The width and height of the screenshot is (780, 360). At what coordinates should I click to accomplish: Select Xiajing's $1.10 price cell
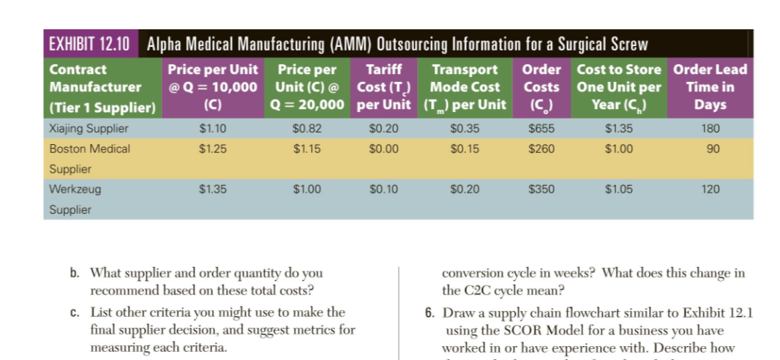[212, 128]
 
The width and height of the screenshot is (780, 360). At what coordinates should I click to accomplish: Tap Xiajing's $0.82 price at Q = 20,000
[306, 128]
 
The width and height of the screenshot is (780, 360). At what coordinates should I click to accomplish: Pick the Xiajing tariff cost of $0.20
[383, 128]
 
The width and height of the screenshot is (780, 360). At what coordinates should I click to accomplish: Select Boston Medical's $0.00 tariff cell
[383, 149]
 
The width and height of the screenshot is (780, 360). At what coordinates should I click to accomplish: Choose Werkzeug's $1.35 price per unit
[212, 190]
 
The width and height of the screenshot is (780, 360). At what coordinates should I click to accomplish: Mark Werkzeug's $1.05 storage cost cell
[618, 190]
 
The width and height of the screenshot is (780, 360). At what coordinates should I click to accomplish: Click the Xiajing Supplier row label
[89, 128]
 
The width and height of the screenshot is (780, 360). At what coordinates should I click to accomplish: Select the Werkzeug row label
[75, 190]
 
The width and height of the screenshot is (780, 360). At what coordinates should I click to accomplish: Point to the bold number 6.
[430, 313]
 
